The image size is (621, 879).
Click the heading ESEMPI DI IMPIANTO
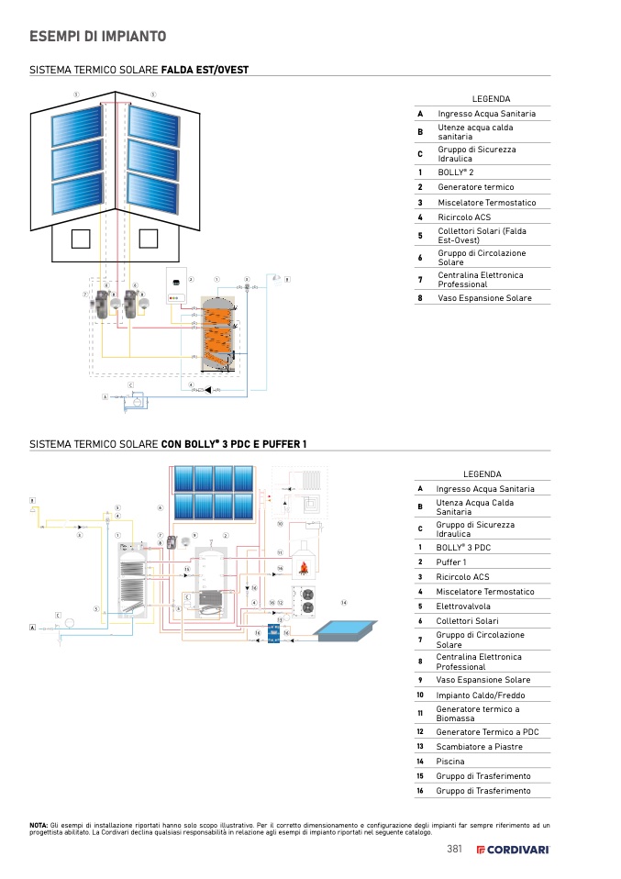coord(97,37)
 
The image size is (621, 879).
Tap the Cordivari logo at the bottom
coord(513,849)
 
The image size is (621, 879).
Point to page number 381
coord(454,849)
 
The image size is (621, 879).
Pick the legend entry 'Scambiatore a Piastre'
coord(479,746)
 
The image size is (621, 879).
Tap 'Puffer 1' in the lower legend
coord(451,562)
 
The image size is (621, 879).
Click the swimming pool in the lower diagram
coord(346,631)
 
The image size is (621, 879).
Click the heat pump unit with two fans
coord(302,597)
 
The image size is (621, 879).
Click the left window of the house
coord(80,239)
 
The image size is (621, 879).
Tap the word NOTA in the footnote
coord(39,826)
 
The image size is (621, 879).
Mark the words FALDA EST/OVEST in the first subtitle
coord(205,70)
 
